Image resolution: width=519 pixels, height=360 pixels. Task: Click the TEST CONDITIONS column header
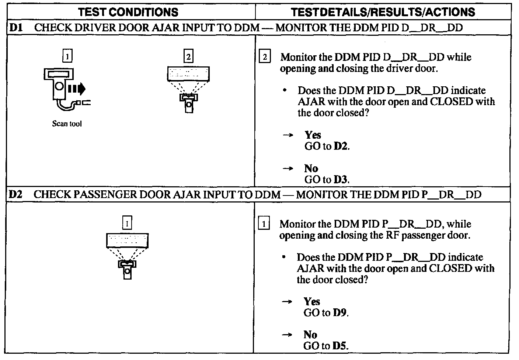click(128, 12)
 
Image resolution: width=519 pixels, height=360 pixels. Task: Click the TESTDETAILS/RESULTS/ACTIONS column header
click(383, 12)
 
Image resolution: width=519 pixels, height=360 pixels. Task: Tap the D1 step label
click(16, 28)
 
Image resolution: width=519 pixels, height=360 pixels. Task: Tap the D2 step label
click(15, 194)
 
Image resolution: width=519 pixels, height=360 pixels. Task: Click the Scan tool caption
click(67, 124)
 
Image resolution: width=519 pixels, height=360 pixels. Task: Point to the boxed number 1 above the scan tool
click(67, 56)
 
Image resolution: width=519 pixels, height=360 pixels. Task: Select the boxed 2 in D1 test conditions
click(188, 56)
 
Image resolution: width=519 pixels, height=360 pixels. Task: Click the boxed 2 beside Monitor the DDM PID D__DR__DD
click(265, 56)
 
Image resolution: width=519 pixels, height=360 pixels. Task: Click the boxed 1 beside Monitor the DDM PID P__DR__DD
click(264, 223)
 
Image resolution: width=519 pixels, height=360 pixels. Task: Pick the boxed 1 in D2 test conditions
click(127, 223)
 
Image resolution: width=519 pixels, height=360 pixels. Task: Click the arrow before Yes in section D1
click(288, 135)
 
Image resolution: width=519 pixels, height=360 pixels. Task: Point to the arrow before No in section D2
click(287, 335)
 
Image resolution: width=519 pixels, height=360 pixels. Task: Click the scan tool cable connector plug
click(83, 102)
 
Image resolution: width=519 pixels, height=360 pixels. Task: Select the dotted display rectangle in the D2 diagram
click(127, 240)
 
